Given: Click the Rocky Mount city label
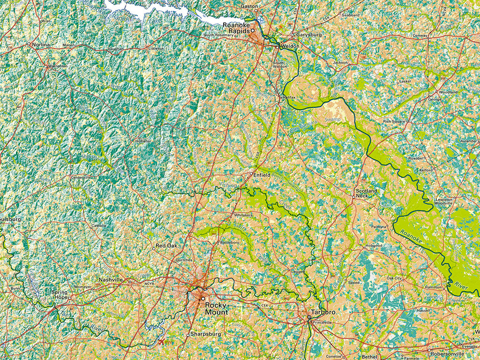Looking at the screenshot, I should (x=217, y=308).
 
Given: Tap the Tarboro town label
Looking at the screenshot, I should (x=323, y=312).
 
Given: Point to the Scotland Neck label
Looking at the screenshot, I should (x=366, y=193).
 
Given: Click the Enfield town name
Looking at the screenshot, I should (x=262, y=174).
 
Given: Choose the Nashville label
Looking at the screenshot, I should (x=111, y=279).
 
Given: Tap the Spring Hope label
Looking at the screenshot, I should (x=60, y=295).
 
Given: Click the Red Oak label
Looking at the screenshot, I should (x=166, y=246).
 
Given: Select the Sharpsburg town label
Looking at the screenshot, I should (x=206, y=335).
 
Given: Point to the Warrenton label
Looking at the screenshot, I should (x=57, y=66).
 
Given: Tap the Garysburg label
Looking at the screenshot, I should (x=308, y=35).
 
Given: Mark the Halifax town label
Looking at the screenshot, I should (x=290, y=97).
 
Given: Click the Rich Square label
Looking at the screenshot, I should (x=394, y=121).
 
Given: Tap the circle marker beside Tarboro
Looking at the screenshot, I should (x=309, y=317).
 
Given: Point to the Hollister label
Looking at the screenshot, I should (x=143, y=141).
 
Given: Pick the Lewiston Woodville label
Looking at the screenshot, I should (x=444, y=201).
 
